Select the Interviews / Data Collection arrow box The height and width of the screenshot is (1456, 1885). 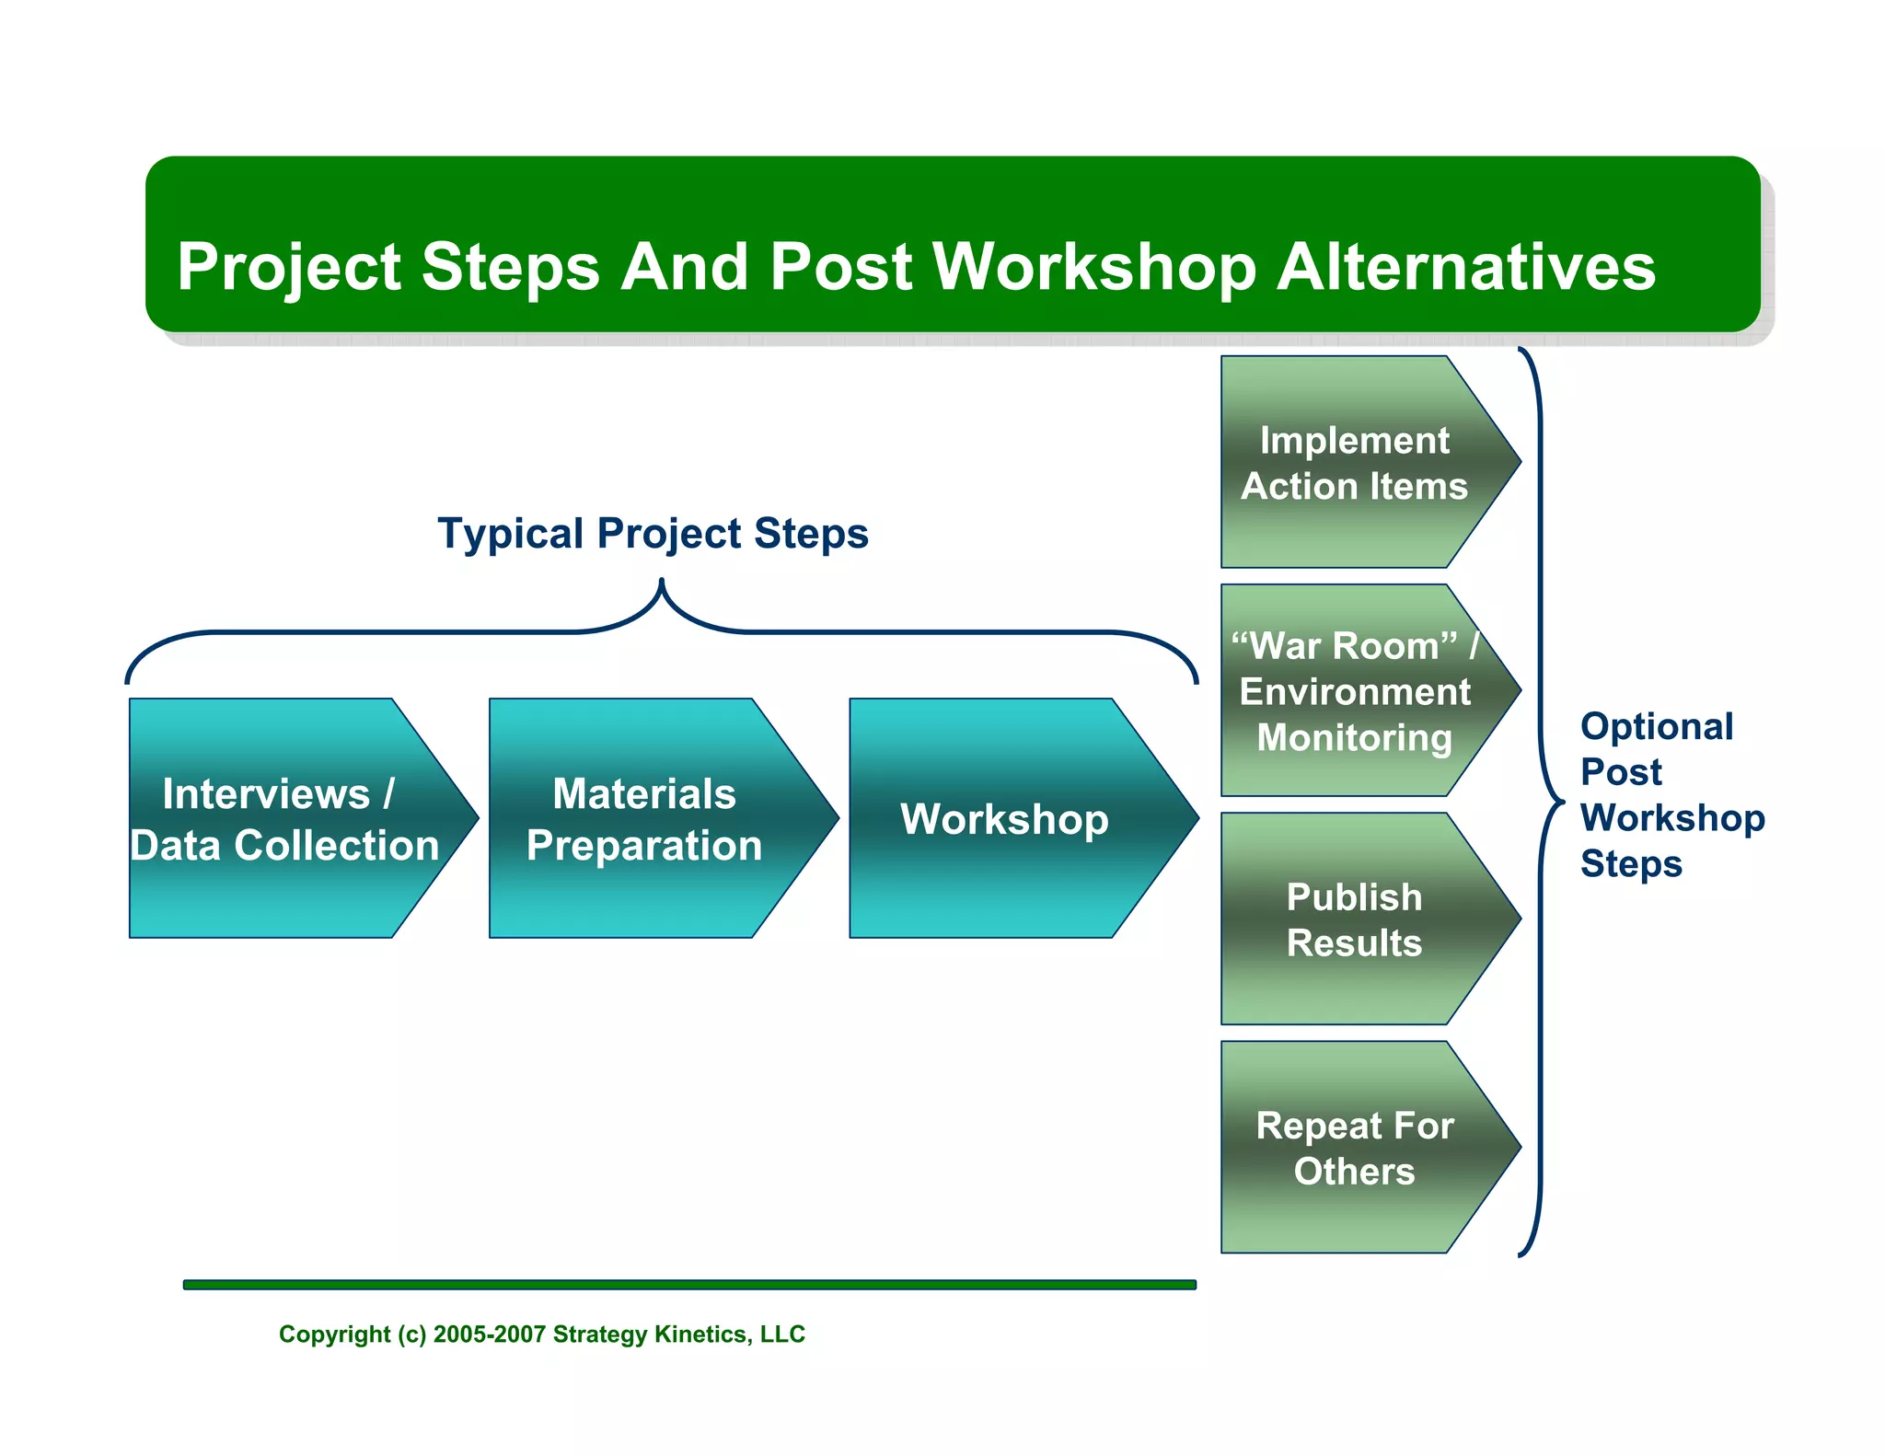click(x=285, y=818)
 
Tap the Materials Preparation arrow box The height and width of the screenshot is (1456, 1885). click(x=644, y=818)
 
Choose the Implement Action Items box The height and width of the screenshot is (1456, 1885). click(x=1354, y=462)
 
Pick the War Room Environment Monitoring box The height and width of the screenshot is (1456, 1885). click(x=1354, y=690)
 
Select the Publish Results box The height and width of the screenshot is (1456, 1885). click(x=1354, y=919)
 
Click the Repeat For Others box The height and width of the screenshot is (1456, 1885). click(x=1354, y=1147)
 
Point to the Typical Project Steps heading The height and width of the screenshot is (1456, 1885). click(x=653, y=533)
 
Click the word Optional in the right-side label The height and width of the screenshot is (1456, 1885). click(x=1656, y=726)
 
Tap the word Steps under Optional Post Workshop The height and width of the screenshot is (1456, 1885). click(x=1631, y=863)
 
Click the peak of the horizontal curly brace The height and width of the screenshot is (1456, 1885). click(x=661, y=583)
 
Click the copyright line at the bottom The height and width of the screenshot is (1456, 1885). click(x=541, y=1334)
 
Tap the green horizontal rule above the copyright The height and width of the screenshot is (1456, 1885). click(x=688, y=1284)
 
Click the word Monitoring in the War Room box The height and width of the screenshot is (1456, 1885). click(x=1354, y=737)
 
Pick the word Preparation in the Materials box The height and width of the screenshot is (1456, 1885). click(x=644, y=845)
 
